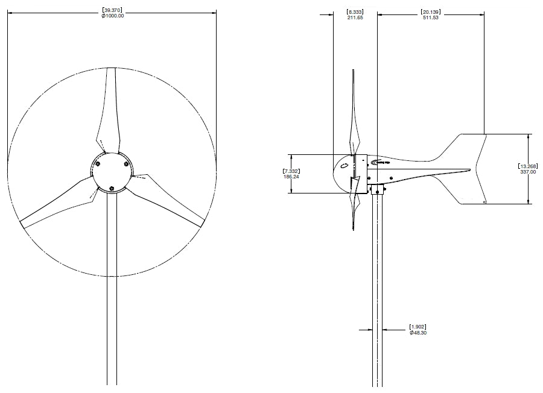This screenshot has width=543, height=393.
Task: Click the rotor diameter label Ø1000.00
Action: [113, 16]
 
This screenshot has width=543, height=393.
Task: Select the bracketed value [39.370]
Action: [113, 10]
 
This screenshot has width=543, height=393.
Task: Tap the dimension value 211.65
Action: [355, 17]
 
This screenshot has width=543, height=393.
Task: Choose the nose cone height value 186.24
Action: [291, 177]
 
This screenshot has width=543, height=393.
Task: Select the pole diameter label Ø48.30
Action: [419, 333]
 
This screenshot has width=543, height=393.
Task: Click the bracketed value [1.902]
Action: [419, 327]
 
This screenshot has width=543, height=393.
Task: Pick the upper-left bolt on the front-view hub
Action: [98, 163]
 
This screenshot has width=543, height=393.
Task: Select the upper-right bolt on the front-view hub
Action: [126, 163]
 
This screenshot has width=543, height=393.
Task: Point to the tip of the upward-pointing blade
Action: [112, 68]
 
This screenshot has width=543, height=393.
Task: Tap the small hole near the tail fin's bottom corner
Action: [484, 203]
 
